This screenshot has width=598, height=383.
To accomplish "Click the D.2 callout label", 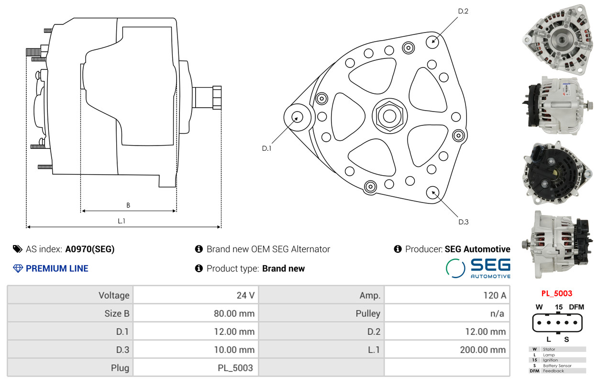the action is point(463,11).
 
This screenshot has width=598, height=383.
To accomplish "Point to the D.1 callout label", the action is point(266,148).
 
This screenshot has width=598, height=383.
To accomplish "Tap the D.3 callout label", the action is point(464,222).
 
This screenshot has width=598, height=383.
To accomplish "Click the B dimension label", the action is point(128,205).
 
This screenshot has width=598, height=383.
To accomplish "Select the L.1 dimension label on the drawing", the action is point(122,221).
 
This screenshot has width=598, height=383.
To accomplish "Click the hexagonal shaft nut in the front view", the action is point(389,116).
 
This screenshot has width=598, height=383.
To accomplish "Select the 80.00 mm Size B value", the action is point(234,313).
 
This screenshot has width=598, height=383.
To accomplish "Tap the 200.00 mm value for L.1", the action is point(483,349).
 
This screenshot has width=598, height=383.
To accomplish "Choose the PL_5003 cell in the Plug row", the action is point(235,368).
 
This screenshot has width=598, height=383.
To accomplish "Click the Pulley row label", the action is point(368,313).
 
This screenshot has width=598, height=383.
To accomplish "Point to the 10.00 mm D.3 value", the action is point(234,349).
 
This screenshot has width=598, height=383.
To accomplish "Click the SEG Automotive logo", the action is point(478,268).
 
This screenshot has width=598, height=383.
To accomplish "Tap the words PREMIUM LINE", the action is point(57,269).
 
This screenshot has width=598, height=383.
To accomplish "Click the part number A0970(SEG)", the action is point(90,249).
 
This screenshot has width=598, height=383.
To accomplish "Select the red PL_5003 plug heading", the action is point(557,293).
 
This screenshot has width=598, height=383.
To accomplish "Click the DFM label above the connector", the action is point(576,307).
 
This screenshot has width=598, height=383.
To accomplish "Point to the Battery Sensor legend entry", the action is point(557,365).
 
